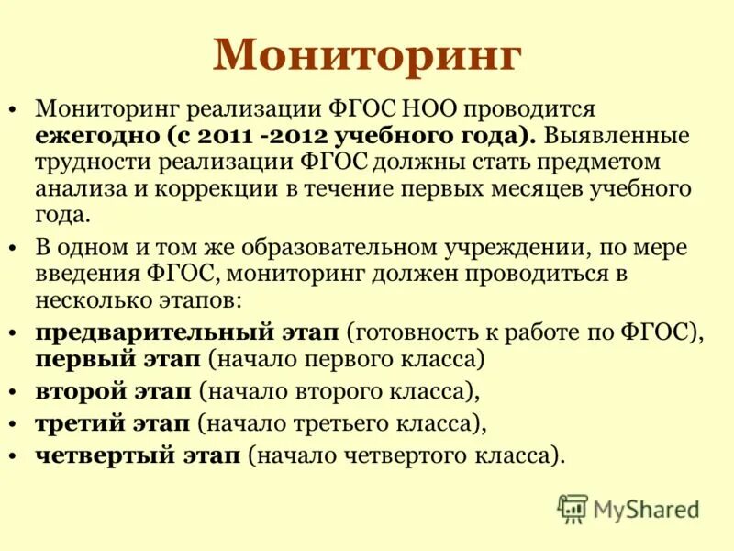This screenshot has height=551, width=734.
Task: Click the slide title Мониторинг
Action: [x=367, y=57]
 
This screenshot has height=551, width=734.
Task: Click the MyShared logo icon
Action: [x=573, y=508]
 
